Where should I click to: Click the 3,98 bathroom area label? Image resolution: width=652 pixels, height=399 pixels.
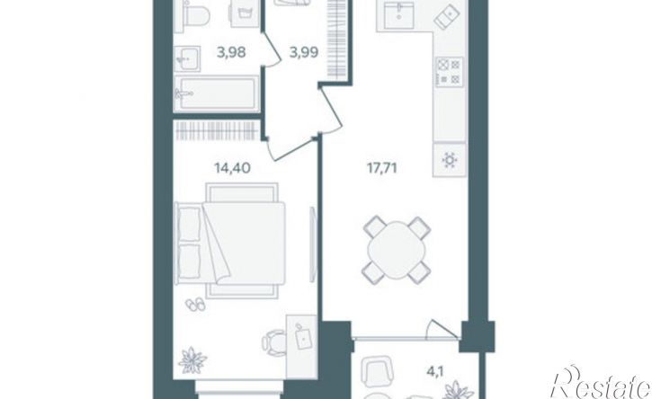231,53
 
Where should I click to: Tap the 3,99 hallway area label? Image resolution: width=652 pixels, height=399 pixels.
304,53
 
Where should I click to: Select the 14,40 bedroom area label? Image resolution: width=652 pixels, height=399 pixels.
232,168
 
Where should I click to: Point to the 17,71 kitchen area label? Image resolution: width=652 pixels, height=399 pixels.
381,168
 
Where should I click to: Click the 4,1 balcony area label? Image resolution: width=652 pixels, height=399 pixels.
434,371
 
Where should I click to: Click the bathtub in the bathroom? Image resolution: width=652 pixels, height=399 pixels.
216,93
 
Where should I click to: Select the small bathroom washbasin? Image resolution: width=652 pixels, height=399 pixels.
187,59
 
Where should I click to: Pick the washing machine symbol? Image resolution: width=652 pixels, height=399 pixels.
245,14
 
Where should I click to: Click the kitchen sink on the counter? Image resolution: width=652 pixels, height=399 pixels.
399,15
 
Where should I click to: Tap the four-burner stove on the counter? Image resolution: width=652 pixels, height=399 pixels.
450,72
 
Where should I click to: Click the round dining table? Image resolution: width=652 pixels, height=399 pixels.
397,250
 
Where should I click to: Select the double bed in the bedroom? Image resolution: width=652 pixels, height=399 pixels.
231,240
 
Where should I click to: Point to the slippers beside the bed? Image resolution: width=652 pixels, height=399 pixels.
195,305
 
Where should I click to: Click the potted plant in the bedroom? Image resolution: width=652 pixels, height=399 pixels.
192,360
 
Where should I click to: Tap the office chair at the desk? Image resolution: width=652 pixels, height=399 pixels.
273,343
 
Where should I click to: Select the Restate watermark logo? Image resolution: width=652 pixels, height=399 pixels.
602,383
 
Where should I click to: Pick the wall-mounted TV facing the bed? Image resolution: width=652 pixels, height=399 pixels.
313,244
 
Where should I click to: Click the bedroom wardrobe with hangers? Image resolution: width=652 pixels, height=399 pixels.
217,131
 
